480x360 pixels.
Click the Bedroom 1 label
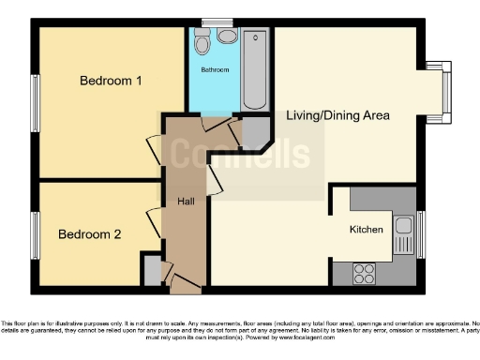coord(110,81)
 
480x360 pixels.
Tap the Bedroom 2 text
coord(89,234)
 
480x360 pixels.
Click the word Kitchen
coord(367,229)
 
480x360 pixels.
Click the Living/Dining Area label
coord(337,115)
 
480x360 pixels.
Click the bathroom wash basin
coord(227,37)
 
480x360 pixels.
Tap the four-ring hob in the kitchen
coord(364,273)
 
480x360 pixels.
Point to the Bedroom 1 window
coord(36,100)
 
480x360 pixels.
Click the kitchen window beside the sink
coord(421,234)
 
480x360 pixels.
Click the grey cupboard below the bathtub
coord(254,134)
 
